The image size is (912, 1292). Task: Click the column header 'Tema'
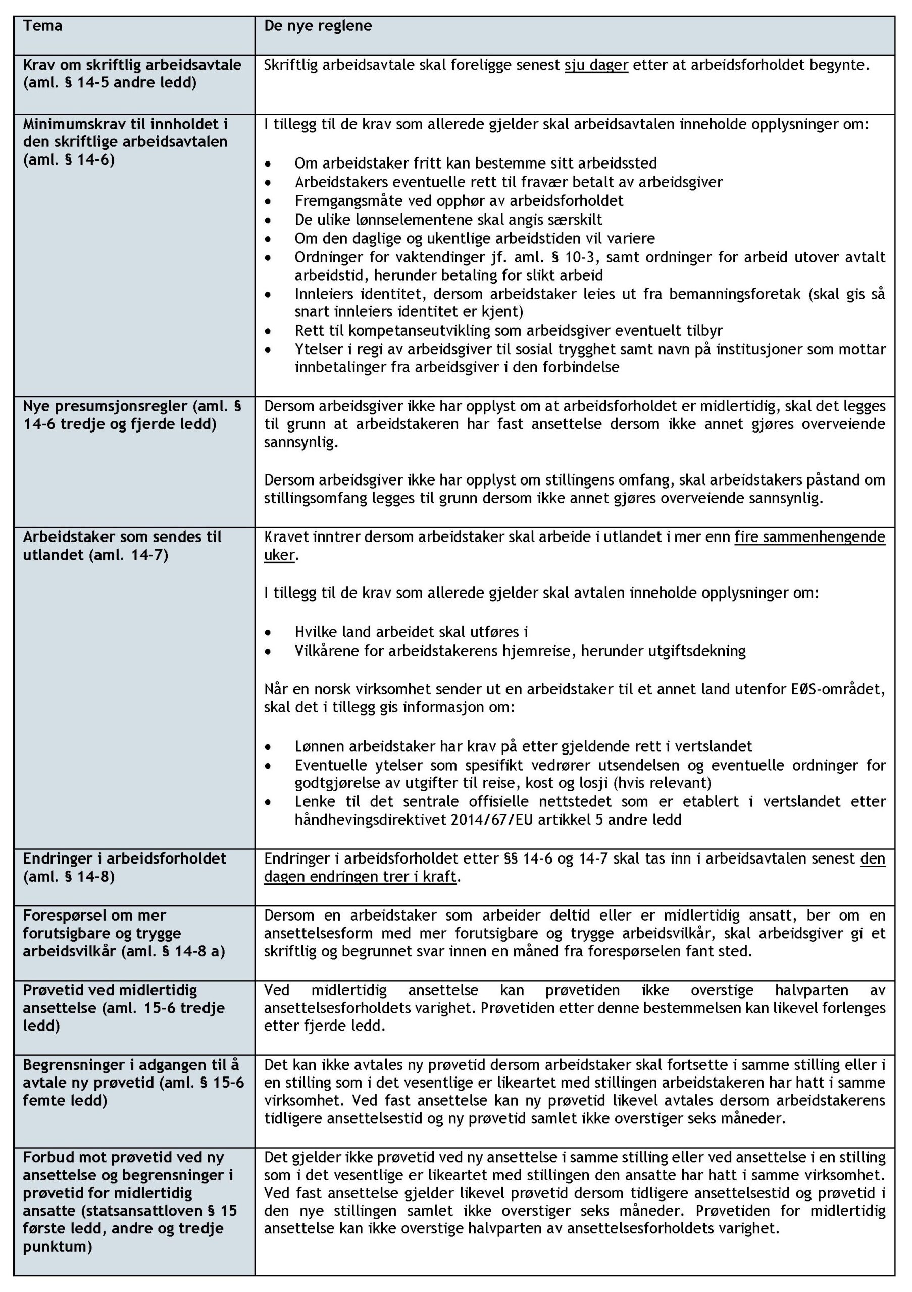coord(42,26)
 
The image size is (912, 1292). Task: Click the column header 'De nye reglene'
coord(318,26)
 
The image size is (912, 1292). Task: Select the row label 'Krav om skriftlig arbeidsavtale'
coord(132,65)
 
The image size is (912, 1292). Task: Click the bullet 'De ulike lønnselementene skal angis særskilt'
coord(448,219)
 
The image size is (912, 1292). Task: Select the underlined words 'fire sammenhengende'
coord(809,537)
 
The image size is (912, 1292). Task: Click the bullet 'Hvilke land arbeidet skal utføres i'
coord(411,632)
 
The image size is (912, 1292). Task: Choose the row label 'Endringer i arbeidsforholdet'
coord(124,858)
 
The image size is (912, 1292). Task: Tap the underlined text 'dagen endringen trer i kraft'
coord(360,877)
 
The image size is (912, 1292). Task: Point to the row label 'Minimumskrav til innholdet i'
coord(125,124)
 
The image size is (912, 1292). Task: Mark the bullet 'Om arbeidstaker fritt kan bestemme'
coord(475,163)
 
